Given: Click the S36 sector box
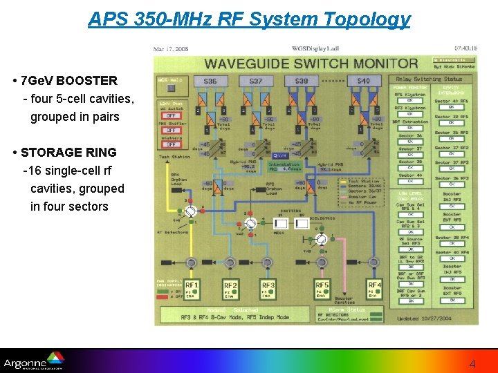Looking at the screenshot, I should pos(210,82).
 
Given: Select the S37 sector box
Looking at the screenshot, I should pos(256,82).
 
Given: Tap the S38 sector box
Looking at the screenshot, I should pos(302,82).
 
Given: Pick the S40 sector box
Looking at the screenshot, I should pos(364,82).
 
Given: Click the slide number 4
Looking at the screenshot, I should pos(472,363).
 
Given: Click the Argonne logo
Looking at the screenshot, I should pos(33,361).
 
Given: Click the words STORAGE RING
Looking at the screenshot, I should pos(68,153).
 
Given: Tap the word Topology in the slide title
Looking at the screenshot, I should pos(372,19).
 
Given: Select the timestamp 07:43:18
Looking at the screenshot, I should pos(465,49).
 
